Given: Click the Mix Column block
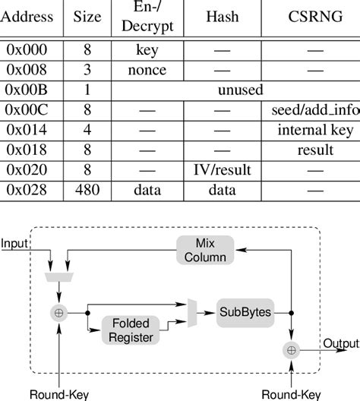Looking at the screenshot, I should click(x=204, y=250).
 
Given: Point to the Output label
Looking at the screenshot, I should click(x=341, y=344).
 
